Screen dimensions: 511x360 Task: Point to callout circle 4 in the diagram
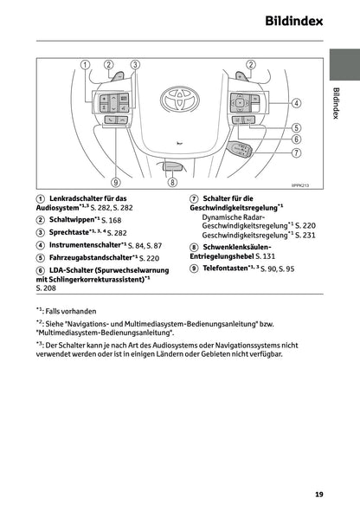[296, 102]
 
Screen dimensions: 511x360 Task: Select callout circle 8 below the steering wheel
[172, 183]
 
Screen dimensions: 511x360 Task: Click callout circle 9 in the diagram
[116, 183]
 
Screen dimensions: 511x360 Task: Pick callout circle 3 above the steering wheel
[135, 64]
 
